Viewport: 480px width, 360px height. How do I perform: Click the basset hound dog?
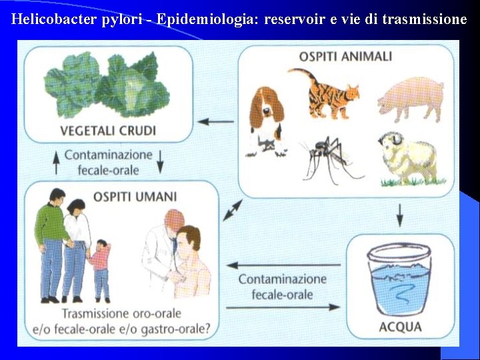coord(265,120)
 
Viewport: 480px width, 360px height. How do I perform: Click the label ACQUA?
coord(400,327)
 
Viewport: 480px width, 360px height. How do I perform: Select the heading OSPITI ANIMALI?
coord(345,56)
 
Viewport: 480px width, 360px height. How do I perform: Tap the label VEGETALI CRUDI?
coord(108,130)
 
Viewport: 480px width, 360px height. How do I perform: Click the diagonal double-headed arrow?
coord(232,210)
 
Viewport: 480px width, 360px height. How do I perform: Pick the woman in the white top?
coord(77,247)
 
